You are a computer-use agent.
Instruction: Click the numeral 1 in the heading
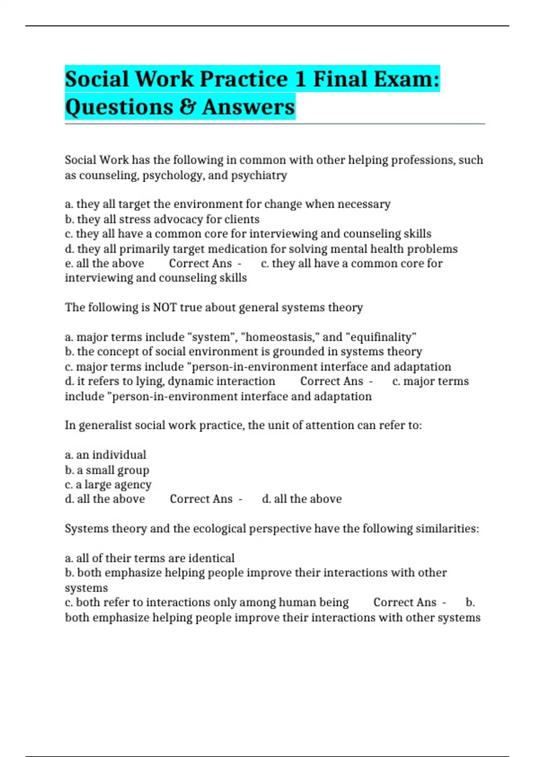(300, 79)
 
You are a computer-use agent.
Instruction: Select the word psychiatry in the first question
(259, 175)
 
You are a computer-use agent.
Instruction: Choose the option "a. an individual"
(106, 455)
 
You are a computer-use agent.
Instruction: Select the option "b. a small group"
(107, 470)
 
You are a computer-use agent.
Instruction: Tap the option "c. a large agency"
(108, 484)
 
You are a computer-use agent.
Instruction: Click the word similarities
(447, 529)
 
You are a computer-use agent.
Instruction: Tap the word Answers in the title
(248, 107)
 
